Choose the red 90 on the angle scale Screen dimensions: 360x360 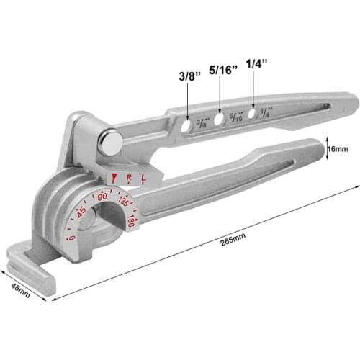coord(102,195)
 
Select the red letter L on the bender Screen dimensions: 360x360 coord(144,176)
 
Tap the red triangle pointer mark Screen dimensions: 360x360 coord(112,178)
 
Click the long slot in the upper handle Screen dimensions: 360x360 coord(302,107)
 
